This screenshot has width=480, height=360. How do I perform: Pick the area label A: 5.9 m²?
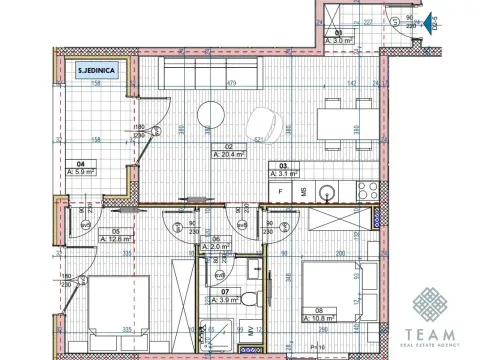81,173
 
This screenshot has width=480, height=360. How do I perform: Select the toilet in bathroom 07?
254,298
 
